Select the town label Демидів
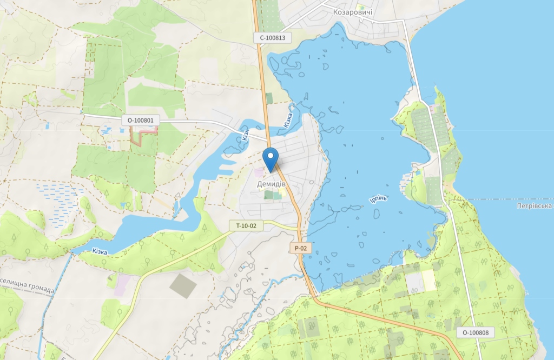[x=272, y=184]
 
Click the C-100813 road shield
[x=272, y=38]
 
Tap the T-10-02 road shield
[x=246, y=226]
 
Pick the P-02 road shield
[x=300, y=248]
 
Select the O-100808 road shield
[x=475, y=332]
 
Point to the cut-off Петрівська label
[x=534, y=206]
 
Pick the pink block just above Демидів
[x=259, y=172]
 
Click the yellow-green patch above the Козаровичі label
[x=360, y=6]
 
